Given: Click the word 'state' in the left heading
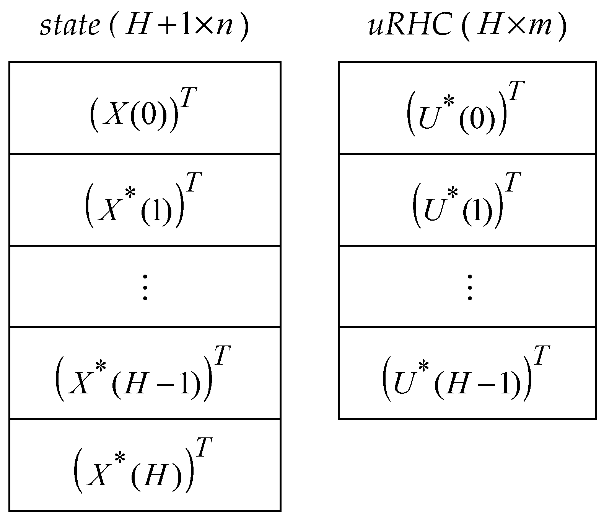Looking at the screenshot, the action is coord(70,26).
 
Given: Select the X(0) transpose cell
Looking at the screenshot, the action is coord(145,108).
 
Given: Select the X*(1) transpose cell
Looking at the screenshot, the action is coord(145,200).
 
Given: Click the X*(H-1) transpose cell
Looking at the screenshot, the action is coord(145,373).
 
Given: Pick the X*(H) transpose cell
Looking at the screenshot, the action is coord(145,465).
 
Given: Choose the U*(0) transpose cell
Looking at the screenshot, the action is coord(467,108).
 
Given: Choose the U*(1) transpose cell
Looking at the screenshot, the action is coord(467,200).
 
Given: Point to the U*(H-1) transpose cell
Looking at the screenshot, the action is coord(467,373).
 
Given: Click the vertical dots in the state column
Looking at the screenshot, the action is coord(145,287).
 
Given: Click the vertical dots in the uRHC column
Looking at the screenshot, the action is coord(469,287).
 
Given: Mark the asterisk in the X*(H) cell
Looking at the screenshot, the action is coord(120,458).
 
